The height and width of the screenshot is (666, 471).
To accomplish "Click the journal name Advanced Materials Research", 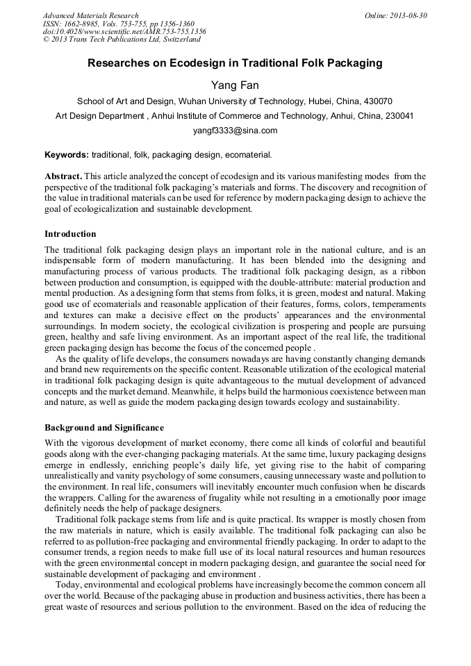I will click(x=90, y=15).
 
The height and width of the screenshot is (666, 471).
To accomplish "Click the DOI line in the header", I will click(x=124, y=32).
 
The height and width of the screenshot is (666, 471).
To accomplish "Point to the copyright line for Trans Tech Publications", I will click(x=122, y=40).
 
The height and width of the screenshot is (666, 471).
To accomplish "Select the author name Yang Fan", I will click(x=235, y=85).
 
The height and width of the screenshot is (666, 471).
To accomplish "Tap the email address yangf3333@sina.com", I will click(x=235, y=131).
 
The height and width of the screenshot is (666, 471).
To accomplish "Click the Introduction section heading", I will click(x=70, y=233).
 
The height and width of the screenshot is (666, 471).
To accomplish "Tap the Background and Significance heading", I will click(x=104, y=428).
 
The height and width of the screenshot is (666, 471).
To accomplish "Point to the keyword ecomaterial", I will click(x=247, y=154).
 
